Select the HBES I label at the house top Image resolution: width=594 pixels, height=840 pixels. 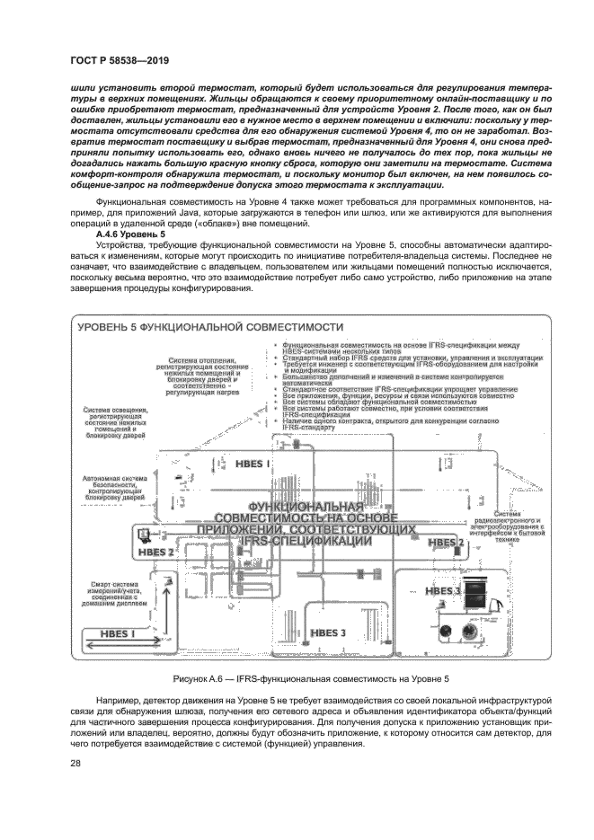tap(252, 464)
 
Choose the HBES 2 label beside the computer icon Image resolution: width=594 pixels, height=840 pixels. tap(156, 552)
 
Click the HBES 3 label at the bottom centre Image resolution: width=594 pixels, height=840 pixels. tap(327, 633)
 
